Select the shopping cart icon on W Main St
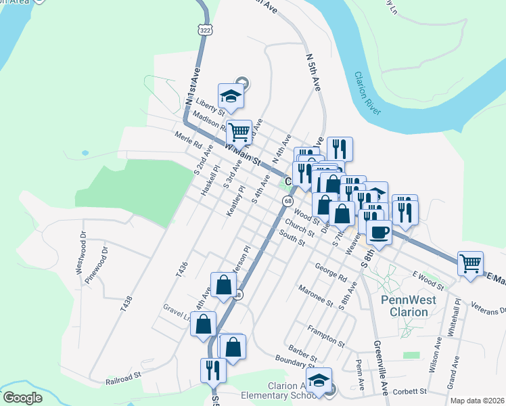pos(238,131)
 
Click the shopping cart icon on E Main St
pos(471,263)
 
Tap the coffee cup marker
pos(379,233)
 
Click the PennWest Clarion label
pos(405,306)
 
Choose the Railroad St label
pos(122,377)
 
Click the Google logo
pos(22,398)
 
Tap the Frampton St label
pos(326,331)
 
